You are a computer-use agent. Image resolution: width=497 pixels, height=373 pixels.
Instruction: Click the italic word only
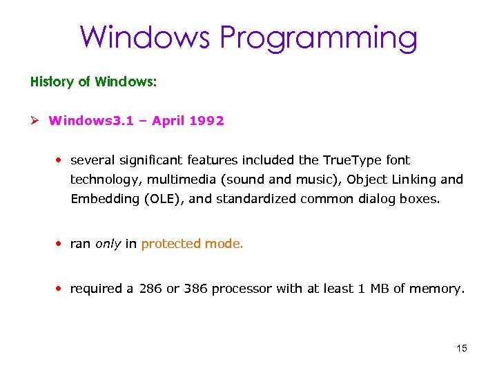pyautogui.click(x=108, y=244)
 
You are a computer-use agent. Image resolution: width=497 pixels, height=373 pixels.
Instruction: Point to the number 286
pyautogui.click(x=151, y=289)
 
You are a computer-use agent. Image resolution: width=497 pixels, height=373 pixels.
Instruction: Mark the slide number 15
pyautogui.click(x=462, y=348)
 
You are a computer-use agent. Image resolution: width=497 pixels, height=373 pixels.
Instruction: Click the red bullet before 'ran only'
pyautogui.click(x=60, y=244)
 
